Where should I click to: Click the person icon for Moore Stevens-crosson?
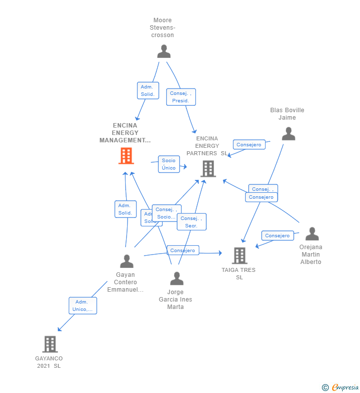164,51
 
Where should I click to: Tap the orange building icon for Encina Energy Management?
126,156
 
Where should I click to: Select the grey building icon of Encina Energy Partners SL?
208,169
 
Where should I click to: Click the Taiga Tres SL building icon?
239,256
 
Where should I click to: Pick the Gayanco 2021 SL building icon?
50,344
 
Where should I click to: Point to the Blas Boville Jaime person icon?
288,134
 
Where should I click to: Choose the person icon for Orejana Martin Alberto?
312,234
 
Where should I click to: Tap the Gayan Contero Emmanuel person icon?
127,261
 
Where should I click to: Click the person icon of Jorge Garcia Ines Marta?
177,279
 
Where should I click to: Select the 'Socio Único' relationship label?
169,164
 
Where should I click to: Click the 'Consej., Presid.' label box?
180,97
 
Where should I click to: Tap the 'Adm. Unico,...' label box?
83,306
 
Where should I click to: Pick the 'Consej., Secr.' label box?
191,222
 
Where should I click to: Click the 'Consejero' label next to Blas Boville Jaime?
249,144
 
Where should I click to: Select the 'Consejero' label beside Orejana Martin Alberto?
277,236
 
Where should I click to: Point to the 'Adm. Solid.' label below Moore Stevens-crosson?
148,90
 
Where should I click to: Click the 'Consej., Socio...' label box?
166,213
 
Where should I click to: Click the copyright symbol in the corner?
325,388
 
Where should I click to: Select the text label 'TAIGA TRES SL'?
238,273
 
